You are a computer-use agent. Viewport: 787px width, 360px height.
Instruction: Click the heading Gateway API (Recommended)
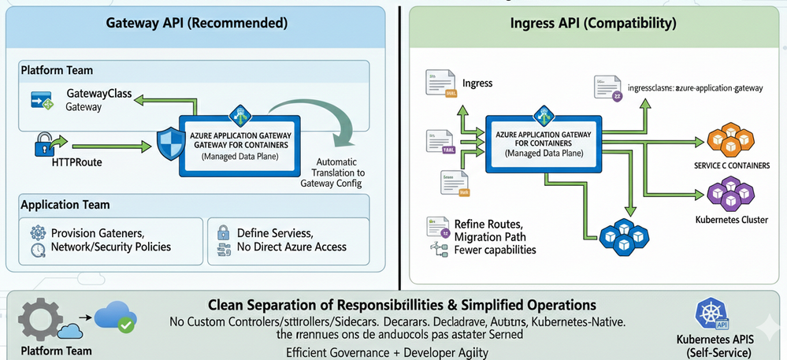coord(196,24)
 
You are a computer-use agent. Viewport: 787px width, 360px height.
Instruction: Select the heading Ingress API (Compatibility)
coord(592,24)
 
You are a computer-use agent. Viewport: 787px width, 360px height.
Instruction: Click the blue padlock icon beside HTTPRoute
coord(45,145)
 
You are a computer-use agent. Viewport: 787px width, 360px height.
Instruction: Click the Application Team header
coord(65,204)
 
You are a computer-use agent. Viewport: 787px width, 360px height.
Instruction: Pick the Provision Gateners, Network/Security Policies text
coord(110,240)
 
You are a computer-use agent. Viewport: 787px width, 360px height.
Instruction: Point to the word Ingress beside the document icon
coord(477,83)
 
